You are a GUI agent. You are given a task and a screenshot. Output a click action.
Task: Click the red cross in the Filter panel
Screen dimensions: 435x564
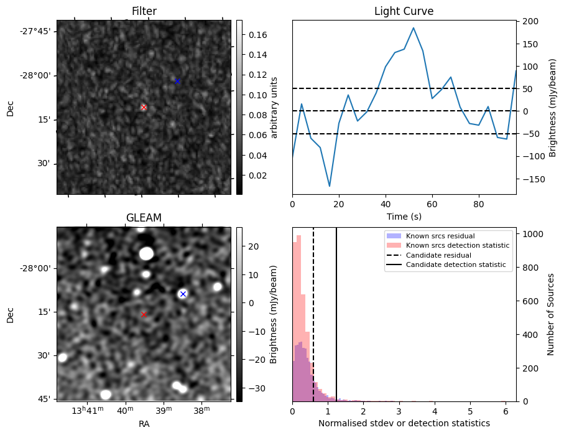[x=144, y=107]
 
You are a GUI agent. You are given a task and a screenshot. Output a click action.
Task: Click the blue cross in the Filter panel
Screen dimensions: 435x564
[x=177, y=82]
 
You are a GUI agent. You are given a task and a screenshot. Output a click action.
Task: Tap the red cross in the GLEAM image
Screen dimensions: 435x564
[x=144, y=315]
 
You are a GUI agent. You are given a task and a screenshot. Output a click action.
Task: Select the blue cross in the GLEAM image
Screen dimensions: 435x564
[x=183, y=294]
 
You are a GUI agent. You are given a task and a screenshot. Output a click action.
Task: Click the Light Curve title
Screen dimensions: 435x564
[x=404, y=11]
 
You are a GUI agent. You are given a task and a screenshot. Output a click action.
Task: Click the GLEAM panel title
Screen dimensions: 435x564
[x=144, y=218]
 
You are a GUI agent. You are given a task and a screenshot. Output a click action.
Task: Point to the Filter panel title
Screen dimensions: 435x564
[x=144, y=11]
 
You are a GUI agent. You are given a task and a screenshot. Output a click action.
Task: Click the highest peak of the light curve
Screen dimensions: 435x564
[x=414, y=27]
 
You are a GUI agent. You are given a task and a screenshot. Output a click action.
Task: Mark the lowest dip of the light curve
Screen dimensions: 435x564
[x=330, y=186]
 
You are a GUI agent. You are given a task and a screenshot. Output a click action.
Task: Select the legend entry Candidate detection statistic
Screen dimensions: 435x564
[x=455, y=266]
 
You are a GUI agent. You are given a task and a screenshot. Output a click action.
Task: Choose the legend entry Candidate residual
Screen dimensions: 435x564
[x=439, y=256]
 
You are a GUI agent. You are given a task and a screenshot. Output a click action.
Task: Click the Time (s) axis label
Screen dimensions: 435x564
[x=404, y=216]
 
